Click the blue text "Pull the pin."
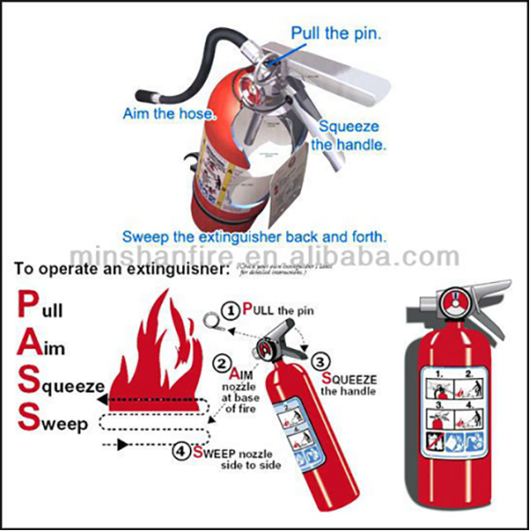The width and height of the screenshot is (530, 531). coord(337,34)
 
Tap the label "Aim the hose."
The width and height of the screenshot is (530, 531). coord(168,114)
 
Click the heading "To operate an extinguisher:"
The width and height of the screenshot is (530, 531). coord(120,268)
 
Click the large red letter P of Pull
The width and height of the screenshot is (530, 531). coord(26,306)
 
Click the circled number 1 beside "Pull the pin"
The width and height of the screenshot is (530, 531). coord(230,310)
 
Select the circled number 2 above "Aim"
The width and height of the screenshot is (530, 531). coord(223,362)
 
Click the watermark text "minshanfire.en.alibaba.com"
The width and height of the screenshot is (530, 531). coord(265,256)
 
